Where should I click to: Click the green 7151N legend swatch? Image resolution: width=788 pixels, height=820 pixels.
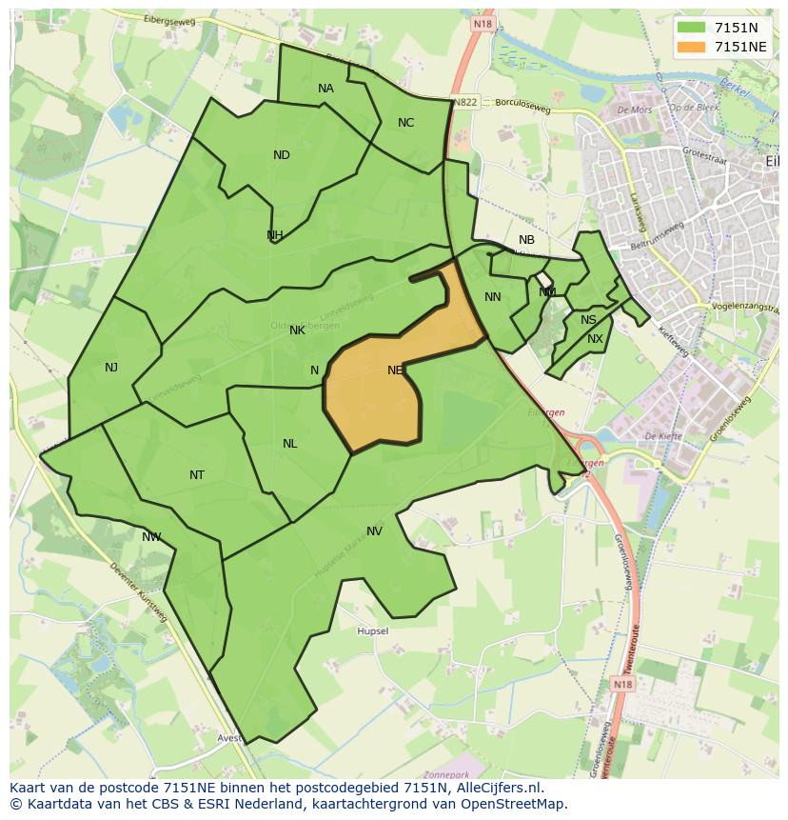[692, 28]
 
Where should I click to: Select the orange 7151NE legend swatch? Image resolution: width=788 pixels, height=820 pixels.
[692, 47]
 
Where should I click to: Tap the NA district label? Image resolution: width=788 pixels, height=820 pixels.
[325, 89]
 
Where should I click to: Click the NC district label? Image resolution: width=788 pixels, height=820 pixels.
[405, 123]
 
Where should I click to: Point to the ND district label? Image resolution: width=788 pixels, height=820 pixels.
[281, 155]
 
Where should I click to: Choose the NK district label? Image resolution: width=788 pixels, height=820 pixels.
[297, 330]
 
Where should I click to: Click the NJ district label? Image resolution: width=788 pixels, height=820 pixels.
[111, 367]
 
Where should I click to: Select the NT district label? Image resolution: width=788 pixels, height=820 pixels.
[196, 475]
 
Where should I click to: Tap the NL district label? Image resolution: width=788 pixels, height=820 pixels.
[289, 444]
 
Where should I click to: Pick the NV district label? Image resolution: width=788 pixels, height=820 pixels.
[374, 531]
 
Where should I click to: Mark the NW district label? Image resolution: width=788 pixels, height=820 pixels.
[151, 537]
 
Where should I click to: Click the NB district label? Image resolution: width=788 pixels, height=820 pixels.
[526, 240]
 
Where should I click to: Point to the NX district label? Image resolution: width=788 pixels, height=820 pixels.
[595, 339]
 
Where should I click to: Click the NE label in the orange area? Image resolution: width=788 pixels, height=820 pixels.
[395, 370]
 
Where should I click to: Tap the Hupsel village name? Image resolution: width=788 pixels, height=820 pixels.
[372, 631]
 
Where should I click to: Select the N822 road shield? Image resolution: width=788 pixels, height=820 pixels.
[465, 102]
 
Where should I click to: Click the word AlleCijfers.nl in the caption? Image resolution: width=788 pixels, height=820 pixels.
[494, 788]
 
